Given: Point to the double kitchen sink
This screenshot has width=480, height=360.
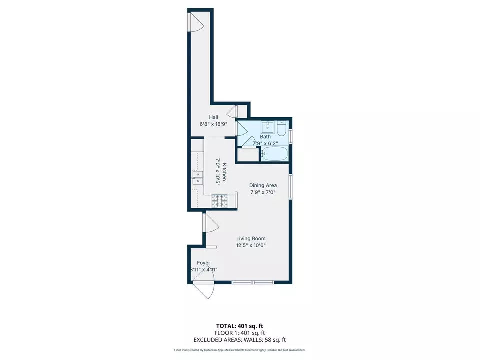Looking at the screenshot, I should point(198,177).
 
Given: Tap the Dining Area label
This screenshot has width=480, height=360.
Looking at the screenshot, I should point(263,185).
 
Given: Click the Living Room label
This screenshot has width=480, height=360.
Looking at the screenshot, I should point(251,238).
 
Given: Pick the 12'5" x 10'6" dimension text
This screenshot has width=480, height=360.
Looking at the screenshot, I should point(251,245).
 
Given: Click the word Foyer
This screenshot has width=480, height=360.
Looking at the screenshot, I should point(203,263).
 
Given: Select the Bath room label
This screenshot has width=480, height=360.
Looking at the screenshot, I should point(265,137).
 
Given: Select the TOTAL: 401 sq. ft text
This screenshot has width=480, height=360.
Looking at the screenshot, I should point(240,325).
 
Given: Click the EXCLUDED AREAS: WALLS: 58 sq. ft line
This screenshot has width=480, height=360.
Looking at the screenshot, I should point(240,339).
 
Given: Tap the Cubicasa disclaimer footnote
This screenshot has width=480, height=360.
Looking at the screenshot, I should point(240,350).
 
